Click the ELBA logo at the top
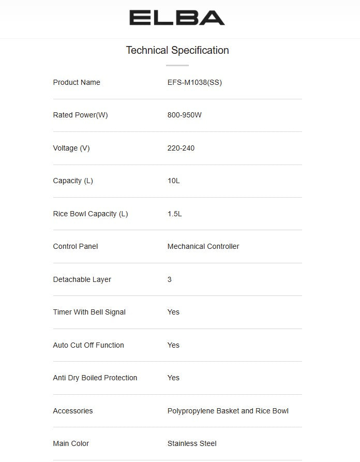pyautogui.click(x=177, y=18)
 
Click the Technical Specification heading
pyautogui.click(x=177, y=50)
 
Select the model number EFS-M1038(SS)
pyautogui.click(x=194, y=82)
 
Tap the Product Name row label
pyautogui.click(x=77, y=82)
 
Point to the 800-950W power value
pyautogui.click(x=185, y=115)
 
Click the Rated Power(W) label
pyautogui.click(x=80, y=115)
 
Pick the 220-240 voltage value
pyautogui.click(x=181, y=148)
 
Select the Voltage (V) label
pyautogui.click(x=71, y=148)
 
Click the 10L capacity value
pyautogui.click(x=174, y=181)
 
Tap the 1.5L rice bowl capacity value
pyautogui.click(x=175, y=214)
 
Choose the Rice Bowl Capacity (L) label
pyautogui.click(x=91, y=214)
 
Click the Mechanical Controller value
pyautogui.click(x=203, y=246)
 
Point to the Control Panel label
pyautogui.click(x=76, y=246)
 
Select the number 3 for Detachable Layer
pyautogui.click(x=170, y=279)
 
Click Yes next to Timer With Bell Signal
pyautogui.click(x=173, y=312)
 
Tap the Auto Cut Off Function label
pyautogui.click(x=88, y=345)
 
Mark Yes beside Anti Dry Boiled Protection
pyautogui.click(x=173, y=378)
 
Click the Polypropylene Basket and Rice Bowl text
pyautogui.click(x=228, y=411)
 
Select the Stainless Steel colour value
pyautogui.click(x=192, y=443)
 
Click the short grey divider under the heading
pyautogui.click(x=177, y=66)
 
